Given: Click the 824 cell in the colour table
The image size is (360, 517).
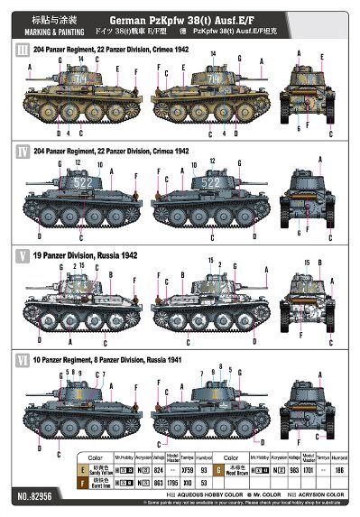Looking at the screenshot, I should [x=134, y=469].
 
